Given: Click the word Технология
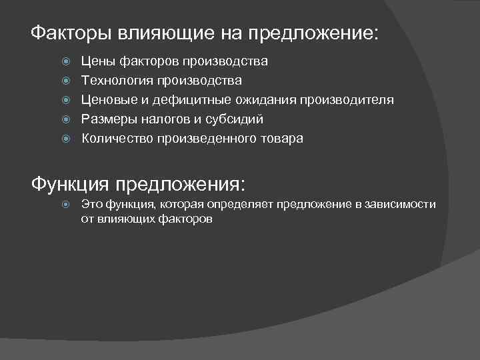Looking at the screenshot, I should click(x=117, y=81).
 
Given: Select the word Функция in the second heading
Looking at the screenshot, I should click(x=72, y=183).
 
